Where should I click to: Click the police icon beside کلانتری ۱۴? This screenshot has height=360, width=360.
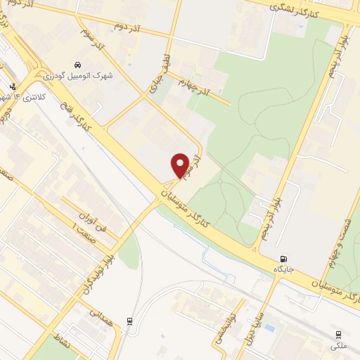point(12,87)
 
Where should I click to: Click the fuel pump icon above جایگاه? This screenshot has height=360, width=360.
point(284,259)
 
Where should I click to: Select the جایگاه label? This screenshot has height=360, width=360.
point(284,269)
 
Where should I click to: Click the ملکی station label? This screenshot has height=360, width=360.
point(338,346)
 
